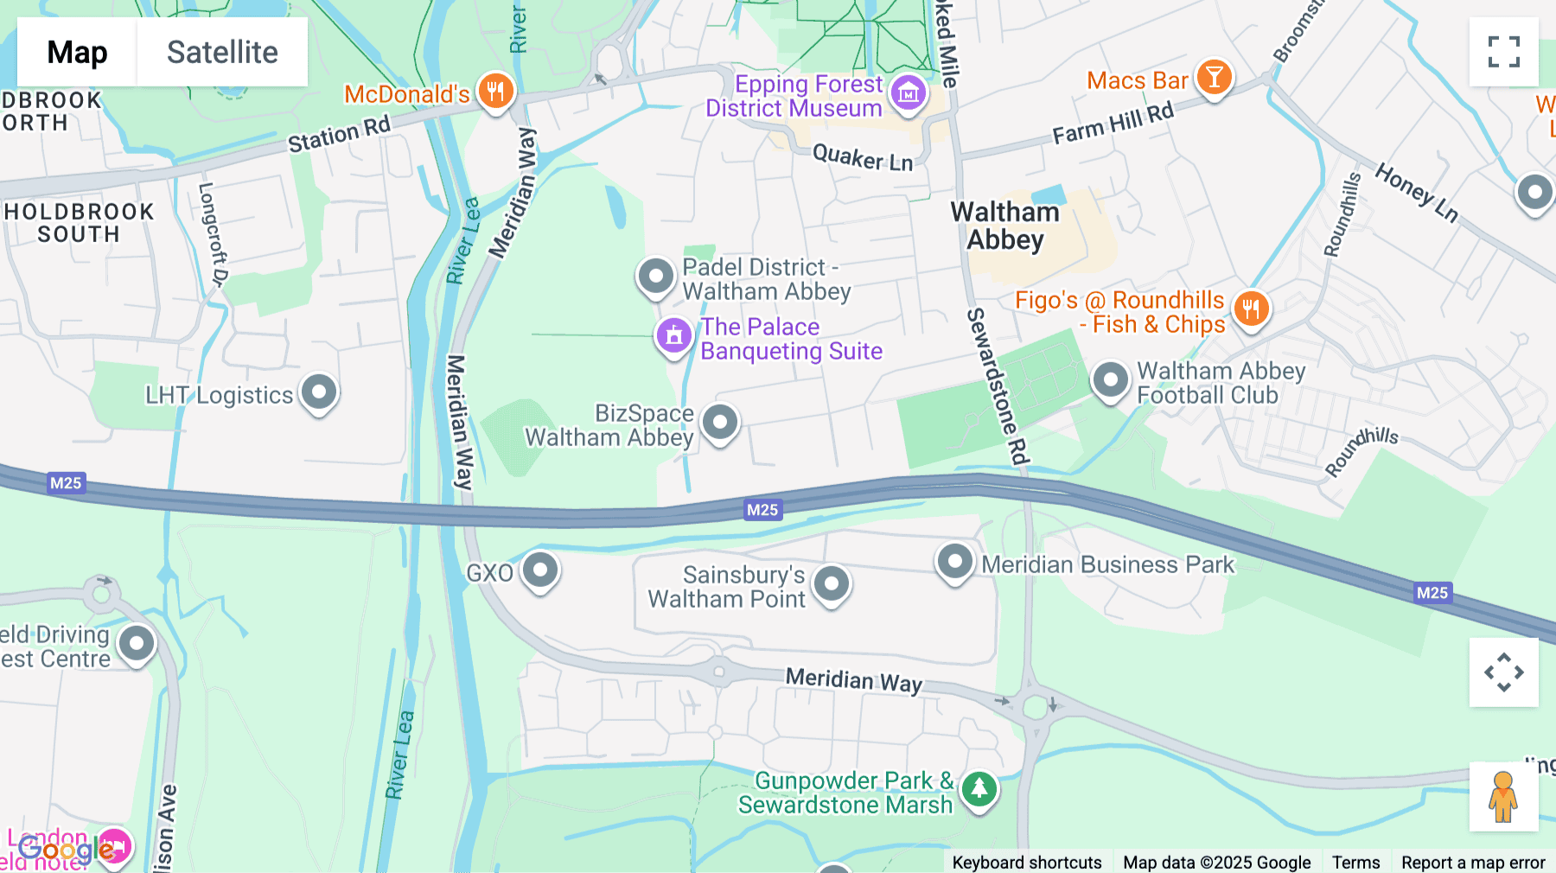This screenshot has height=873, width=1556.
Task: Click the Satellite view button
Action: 222,52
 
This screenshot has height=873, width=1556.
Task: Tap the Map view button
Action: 77,52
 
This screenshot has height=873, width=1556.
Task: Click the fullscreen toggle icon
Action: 1503,52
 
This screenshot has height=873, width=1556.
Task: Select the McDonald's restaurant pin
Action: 495,90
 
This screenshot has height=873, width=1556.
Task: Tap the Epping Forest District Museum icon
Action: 908,92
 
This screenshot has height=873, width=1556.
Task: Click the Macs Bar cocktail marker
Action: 1214,78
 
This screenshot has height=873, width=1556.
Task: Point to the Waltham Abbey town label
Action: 1004,226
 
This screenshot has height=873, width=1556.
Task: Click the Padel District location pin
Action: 656,277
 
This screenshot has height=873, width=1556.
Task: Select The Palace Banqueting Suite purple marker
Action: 674,335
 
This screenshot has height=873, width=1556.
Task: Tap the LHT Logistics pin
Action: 319,392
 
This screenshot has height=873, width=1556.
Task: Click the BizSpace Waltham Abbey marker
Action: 719,423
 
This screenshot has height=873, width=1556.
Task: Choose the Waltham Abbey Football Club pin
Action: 1110,379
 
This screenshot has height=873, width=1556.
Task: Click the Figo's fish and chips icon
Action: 1251,309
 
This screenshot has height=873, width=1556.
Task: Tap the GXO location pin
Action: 540,570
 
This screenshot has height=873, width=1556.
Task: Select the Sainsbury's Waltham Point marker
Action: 832,583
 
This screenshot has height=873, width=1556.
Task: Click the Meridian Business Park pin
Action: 955,562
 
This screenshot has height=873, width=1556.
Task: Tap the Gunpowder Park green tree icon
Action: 979,788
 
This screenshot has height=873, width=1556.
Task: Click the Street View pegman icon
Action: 1503,796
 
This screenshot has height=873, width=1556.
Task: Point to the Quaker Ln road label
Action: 863,158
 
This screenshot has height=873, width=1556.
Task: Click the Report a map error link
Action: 1473,862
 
